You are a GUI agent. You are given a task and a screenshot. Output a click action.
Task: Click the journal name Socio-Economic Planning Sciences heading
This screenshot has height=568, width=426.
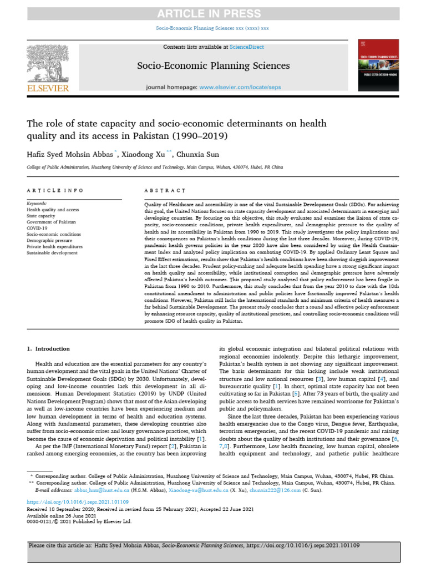214,66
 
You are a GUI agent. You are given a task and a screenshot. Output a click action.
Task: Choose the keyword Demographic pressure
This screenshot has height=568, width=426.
51,240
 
